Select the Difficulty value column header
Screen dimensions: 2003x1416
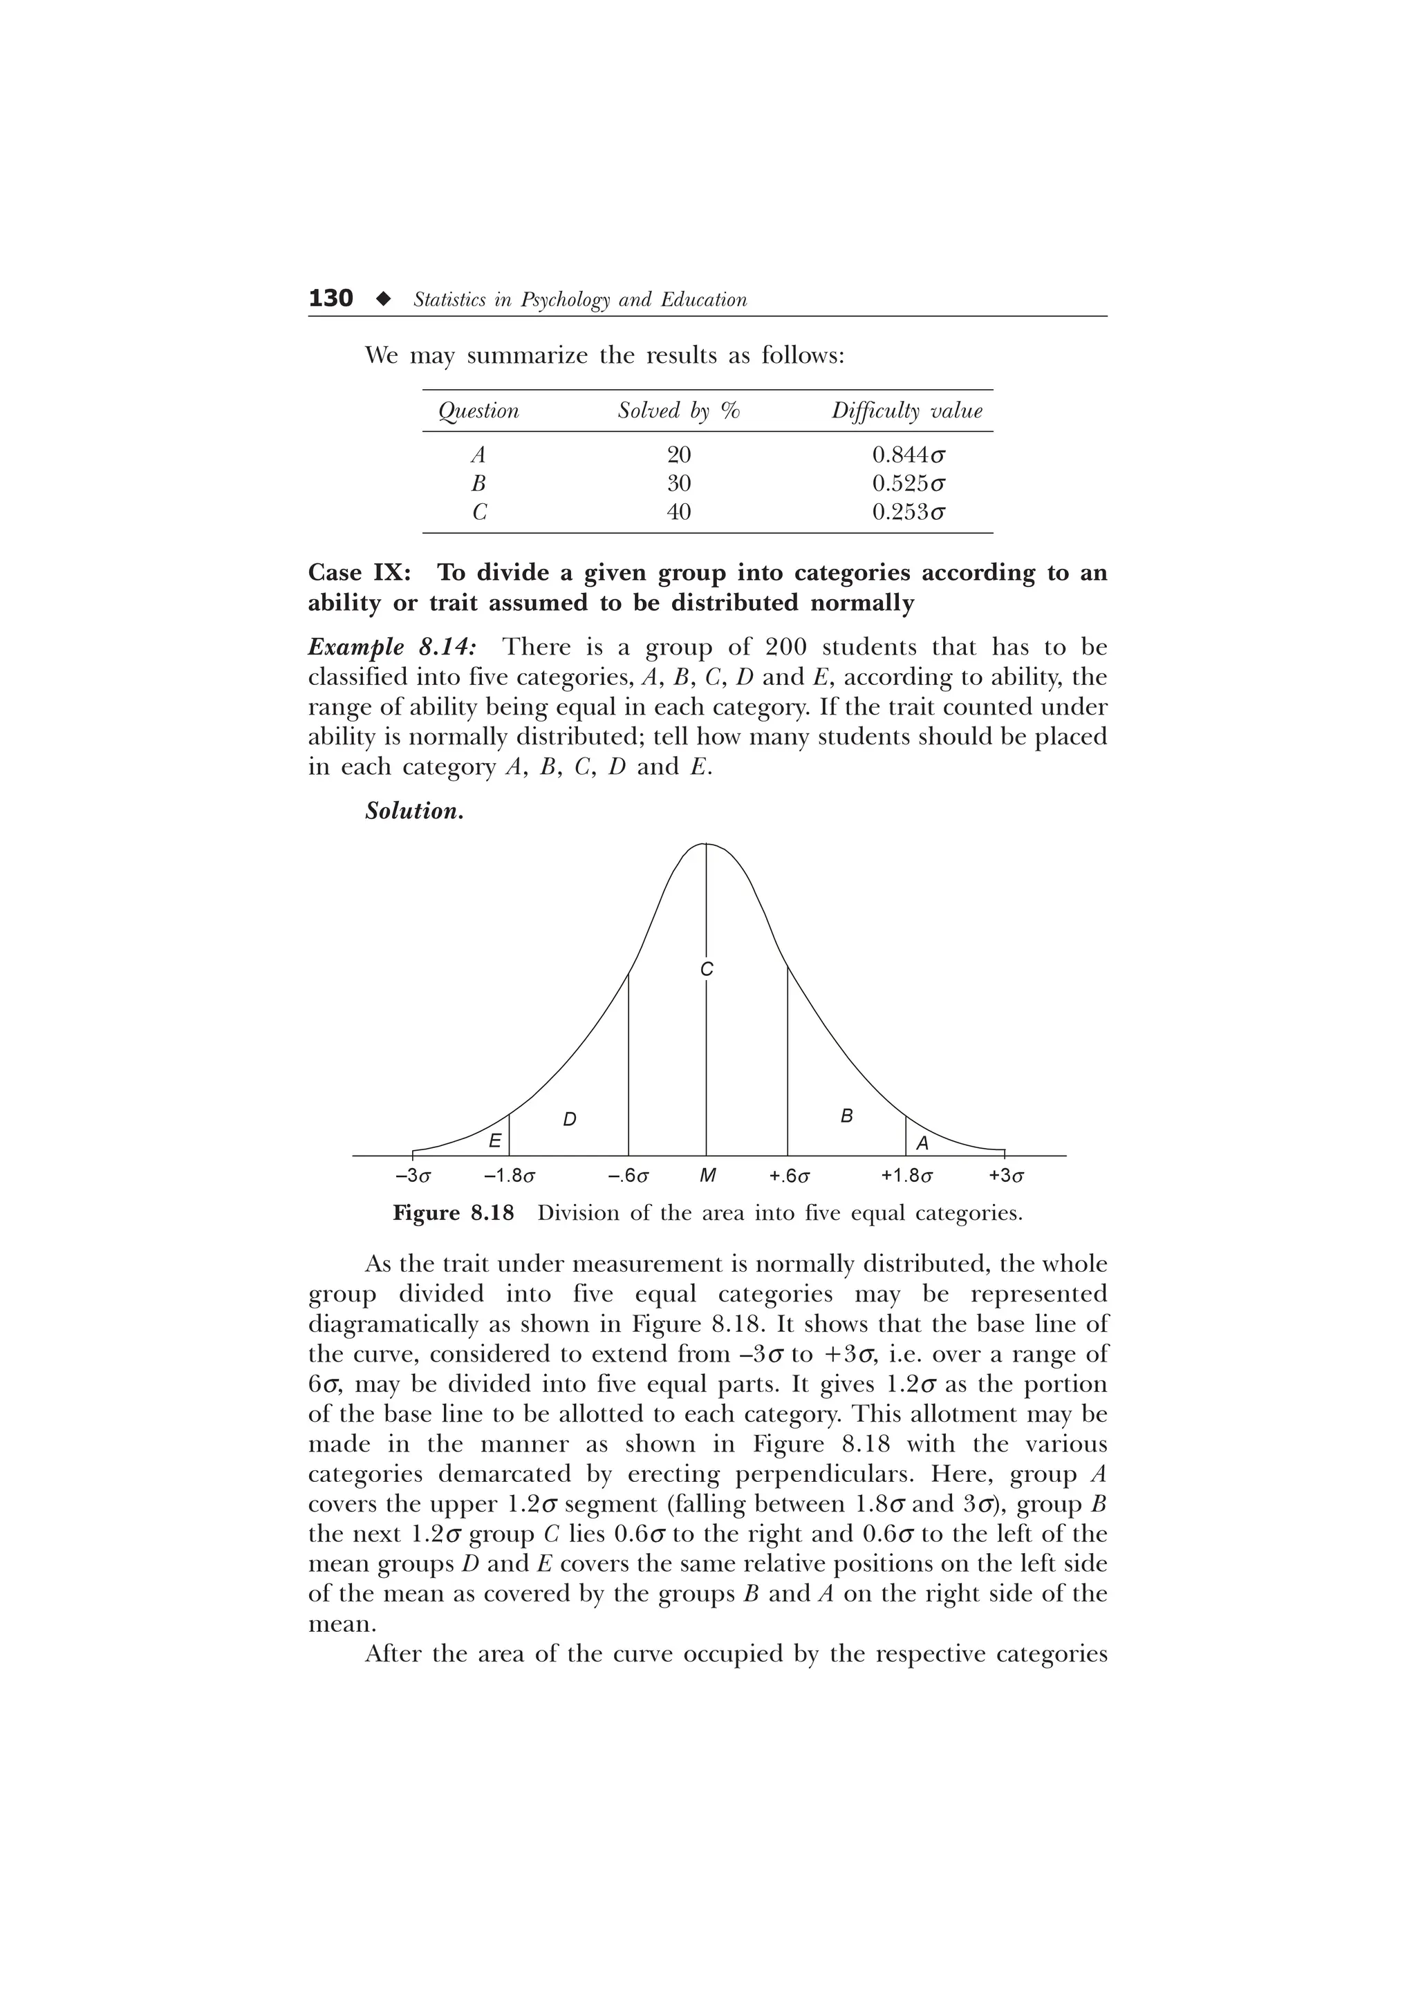(906, 411)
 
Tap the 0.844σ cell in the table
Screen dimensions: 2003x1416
(909, 455)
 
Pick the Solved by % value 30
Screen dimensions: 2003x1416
(679, 483)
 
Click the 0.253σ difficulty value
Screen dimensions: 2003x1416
(909, 512)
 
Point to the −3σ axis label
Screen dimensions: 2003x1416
(413, 1176)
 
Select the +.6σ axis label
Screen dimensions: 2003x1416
(790, 1176)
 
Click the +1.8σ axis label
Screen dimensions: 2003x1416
(906, 1176)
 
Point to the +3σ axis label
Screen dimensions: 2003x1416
(1006, 1176)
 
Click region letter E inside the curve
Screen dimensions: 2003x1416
(494, 1140)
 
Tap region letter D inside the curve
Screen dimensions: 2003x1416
(569, 1119)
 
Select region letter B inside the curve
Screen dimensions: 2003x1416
(846, 1116)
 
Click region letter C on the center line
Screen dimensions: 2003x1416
(707, 969)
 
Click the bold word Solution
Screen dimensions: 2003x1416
(413, 811)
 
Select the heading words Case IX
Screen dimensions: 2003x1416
(360, 573)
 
